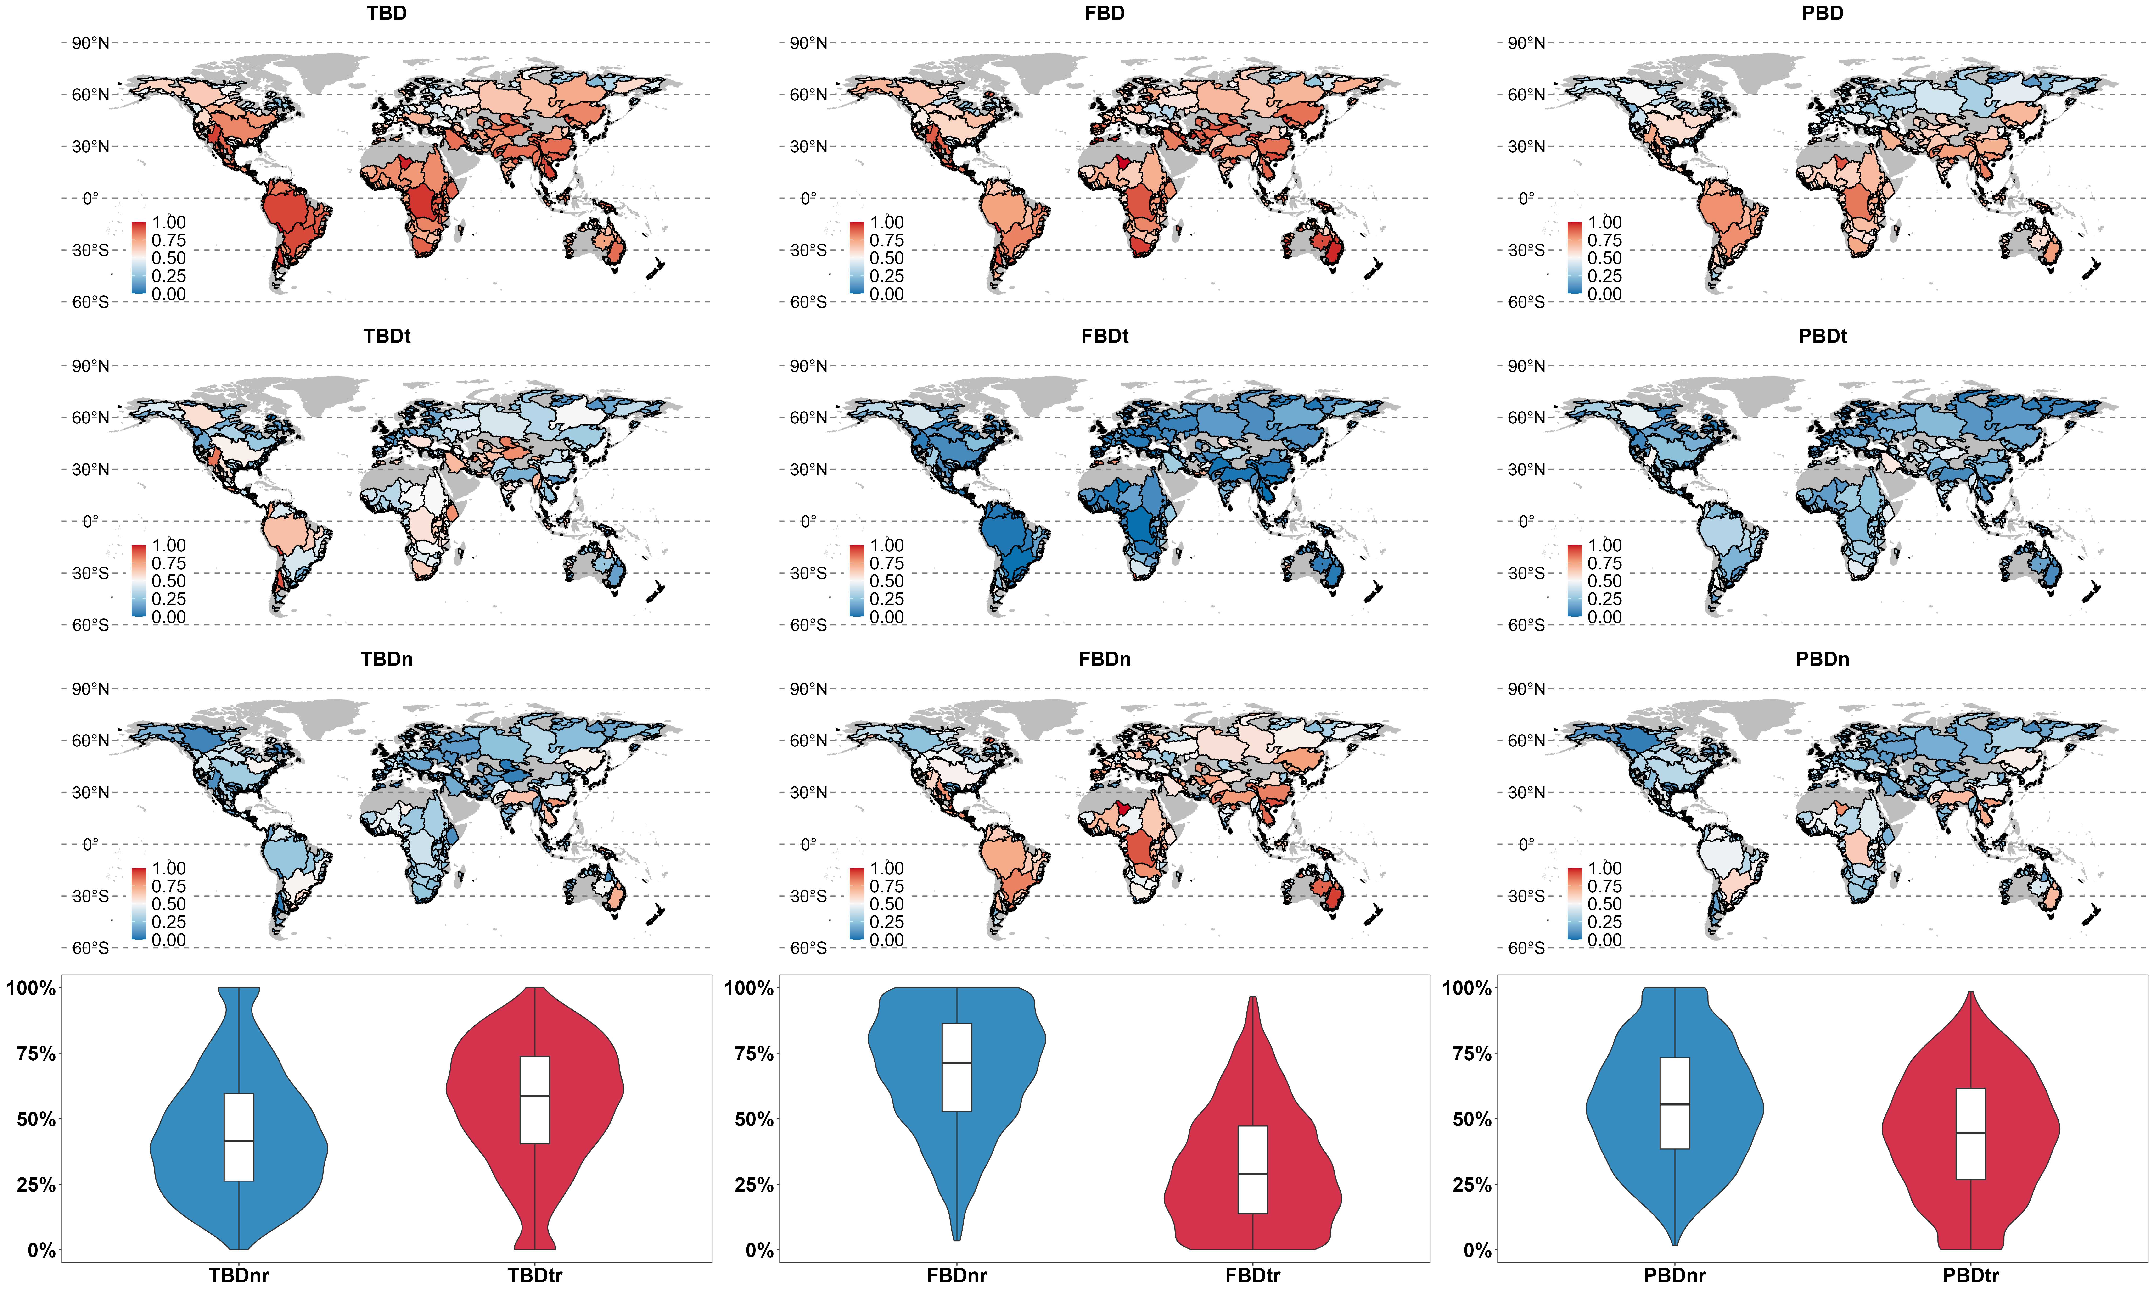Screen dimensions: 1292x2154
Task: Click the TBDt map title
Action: pyautogui.click(x=387, y=336)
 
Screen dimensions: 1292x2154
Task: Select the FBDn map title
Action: pyautogui.click(x=1104, y=659)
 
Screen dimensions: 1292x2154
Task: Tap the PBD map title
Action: pyautogui.click(x=1822, y=13)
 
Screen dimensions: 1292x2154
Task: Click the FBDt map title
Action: pyautogui.click(x=1104, y=336)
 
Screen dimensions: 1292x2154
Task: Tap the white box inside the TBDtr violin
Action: pyautogui.click(x=535, y=1100)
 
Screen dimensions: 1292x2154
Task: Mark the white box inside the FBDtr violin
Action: pyautogui.click(x=1252, y=1169)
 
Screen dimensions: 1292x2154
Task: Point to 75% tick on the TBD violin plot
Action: pyautogui.click(x=36, y=1053)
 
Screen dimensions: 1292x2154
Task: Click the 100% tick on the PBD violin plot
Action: pyautogui.click(x=1468, y=988)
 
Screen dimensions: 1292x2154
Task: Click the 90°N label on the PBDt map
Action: pyautogui.click(x=1526, y=366)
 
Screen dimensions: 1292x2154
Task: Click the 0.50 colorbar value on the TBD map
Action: pyautogui.click(x=169, y=258)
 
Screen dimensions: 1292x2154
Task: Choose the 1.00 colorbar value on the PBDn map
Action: pyautogui.click(x=1605, y=868)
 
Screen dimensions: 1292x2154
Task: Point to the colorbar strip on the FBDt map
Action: pyautogui.click(x=857, y=581)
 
